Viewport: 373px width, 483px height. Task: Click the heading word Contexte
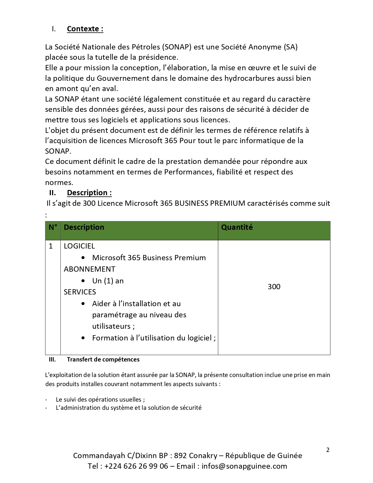click(83, 29)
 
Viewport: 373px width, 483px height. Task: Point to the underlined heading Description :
click(89, 193)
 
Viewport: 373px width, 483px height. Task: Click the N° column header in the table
click(53, 227)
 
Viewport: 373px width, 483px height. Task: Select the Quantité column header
click(237, 227)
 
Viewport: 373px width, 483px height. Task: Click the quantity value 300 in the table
click(274, 287)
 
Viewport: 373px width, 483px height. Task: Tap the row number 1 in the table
click(51, 246)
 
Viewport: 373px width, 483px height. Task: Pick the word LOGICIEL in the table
click(79, 246)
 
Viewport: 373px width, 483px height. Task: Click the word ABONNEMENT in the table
click(90, 269)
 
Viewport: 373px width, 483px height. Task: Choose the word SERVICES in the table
click(80, 292)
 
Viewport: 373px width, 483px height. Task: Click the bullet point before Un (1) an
click(83, 281)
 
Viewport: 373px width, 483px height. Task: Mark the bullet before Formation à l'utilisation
click(83, 338)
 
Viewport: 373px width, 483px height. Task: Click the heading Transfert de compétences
click(103, 359)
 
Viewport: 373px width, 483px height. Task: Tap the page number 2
click(328, 450)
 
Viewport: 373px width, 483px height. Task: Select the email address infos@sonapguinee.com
click(244, 466)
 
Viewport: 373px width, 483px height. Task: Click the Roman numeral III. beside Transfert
click(52, 359)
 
